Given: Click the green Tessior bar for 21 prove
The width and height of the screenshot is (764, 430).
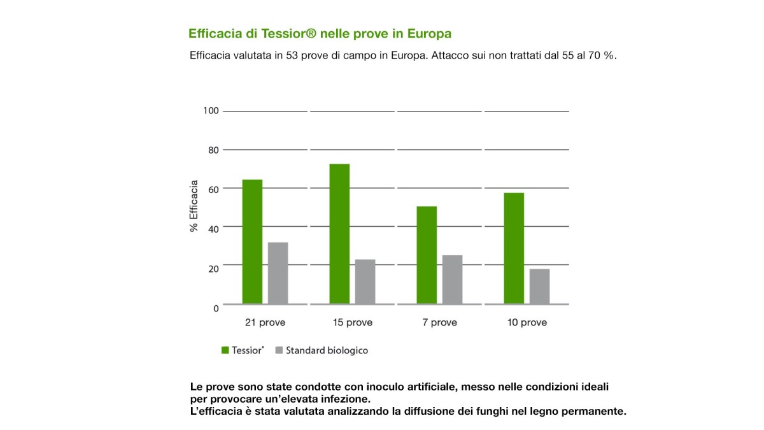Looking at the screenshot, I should tap(252, 241).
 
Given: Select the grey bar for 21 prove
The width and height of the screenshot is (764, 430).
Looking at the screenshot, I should tap(278, 273).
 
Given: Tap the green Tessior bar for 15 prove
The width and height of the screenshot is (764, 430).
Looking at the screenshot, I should tap(339, 234).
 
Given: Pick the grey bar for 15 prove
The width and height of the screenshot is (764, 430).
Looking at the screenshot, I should tap(365, 282).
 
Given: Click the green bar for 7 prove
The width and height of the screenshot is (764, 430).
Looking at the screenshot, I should tap(427, 255).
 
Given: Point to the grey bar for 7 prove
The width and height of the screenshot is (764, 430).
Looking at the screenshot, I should tap(452, 279).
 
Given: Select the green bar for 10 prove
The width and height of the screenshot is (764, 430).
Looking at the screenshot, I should tap(514, 248).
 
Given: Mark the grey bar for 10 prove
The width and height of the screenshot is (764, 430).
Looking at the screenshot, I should tap(539, 286).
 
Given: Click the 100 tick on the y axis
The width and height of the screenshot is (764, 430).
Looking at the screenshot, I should tap(211, 111).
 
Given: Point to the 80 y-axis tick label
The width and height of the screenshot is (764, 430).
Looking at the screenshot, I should tap(213, 150).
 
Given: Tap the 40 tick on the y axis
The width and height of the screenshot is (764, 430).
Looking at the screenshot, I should tap(213, 227).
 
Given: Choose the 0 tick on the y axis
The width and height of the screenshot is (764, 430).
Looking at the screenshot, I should tap(216, 308).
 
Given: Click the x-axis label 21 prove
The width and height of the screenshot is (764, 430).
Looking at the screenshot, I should tap(265, 322).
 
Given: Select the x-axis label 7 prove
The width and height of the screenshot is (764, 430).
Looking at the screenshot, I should tap(439, 322).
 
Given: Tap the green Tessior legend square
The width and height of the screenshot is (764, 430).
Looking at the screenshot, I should tap(225, 350).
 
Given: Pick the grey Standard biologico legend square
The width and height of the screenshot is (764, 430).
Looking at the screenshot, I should tap(279, 350).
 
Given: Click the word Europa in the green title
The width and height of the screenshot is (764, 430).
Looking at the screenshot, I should tap(429, 33).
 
